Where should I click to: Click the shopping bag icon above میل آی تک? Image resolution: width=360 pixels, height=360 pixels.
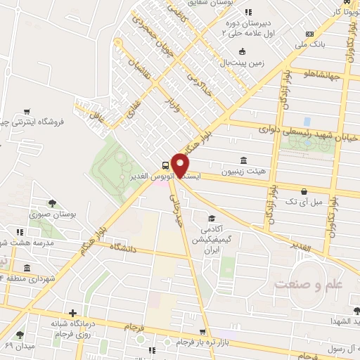click(304, 191)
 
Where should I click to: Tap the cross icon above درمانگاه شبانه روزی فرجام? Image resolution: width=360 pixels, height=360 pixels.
click(72, 313)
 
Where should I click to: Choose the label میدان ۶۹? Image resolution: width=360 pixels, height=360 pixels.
click(19, 347)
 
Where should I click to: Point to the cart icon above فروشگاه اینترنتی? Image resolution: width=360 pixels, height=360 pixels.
click(27, 111)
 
